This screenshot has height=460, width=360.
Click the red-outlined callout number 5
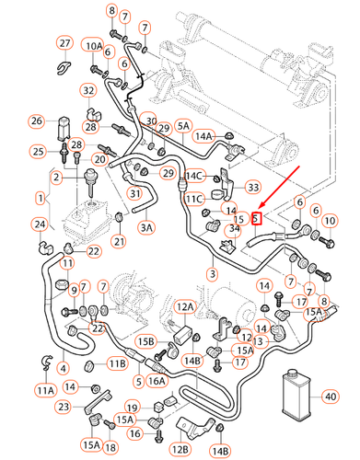(258, 218)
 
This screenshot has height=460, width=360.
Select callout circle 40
(331, 397)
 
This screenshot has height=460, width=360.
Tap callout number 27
(64, 43)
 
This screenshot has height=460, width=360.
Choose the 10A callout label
(94, 45)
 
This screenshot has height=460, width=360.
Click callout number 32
(88, 90)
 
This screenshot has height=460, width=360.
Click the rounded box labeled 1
(40, 198)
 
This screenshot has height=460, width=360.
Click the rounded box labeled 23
(64, 406)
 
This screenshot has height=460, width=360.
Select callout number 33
(253, 188)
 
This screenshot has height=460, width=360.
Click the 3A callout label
(147, 225)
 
